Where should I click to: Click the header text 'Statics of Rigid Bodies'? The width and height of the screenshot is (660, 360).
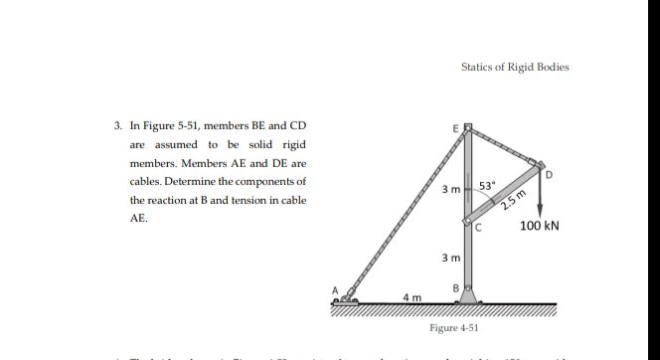[515, 68]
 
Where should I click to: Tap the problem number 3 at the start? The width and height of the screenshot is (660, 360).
[117, 126]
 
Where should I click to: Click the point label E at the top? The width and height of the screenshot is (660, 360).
[456, 128]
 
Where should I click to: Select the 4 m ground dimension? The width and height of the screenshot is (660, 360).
[411, 296]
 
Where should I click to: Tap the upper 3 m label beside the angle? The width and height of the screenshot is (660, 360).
[449, 188]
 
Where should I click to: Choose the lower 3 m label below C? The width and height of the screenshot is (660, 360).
[449, 259]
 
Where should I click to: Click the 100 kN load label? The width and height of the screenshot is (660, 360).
[540, 226]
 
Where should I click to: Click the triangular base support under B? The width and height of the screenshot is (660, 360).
[468, 296]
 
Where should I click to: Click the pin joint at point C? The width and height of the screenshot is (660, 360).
[468, 222]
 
